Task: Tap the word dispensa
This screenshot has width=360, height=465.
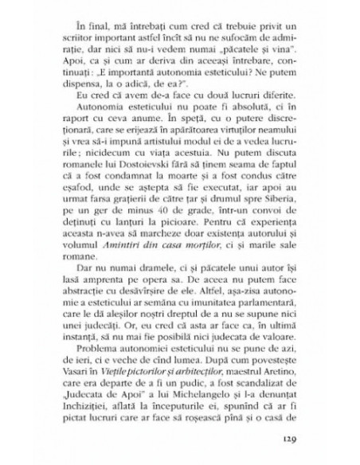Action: [x=101, y=82]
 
